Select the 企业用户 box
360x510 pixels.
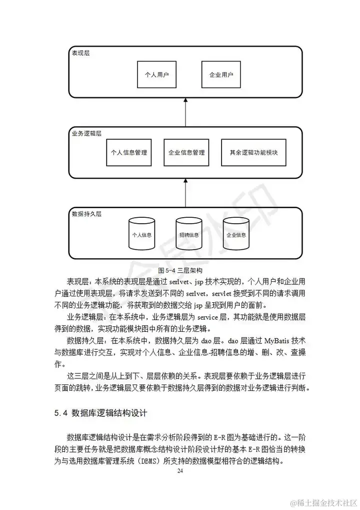(x=221, y=75)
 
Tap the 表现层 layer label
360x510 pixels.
(x=81, y=53)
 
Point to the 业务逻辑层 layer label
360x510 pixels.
(x=86, y=134)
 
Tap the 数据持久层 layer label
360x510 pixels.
(x=86, y=213)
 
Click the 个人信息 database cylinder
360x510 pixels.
(x=141, y=234)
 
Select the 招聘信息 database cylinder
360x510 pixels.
(x=188, y=234)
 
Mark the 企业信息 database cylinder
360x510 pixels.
(x=236, y=234)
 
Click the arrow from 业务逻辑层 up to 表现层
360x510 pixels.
(x=185, y=112)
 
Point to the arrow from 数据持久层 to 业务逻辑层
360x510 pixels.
(x=185, y=192)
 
